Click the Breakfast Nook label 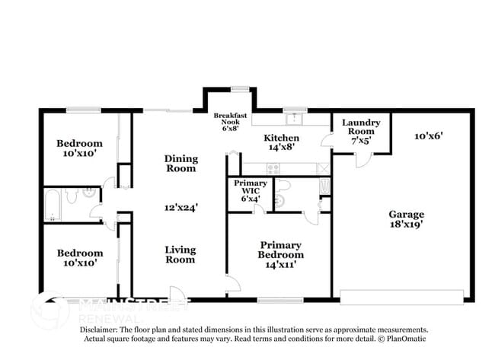pos(230,123)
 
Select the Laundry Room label pos(361,131)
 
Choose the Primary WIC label pos(251,191)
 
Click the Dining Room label pos(180,164)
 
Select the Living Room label pos(180,255)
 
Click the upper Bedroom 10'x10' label pos(79,148)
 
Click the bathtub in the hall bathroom pos(53,203)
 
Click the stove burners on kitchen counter pos(323,167)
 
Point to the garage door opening pos(401,296)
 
